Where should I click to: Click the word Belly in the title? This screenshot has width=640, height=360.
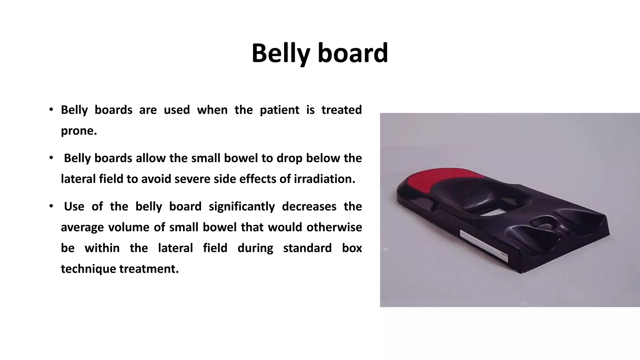pos(280,53)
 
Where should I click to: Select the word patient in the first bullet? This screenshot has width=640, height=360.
pos(279,110)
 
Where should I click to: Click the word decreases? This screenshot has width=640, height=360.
pos(309,207)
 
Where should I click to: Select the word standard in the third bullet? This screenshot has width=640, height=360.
pos(307,248)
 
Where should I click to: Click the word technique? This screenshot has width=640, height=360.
pos(88,269)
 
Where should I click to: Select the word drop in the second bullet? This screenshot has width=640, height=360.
pos(288,158)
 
